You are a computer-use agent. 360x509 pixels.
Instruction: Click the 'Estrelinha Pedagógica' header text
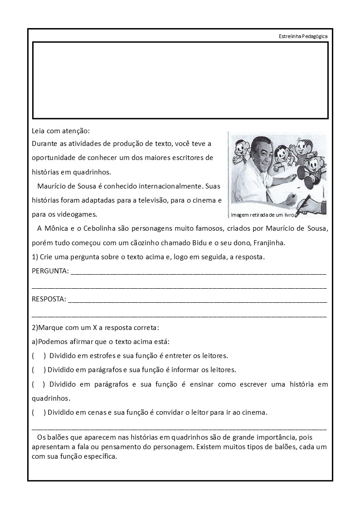pos(303,36)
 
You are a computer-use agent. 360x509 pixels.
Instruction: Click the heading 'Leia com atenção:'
pos(61,131)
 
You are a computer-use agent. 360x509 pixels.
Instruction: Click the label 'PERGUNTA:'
pos(50,271)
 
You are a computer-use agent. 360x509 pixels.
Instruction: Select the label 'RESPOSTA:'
pos(49,299)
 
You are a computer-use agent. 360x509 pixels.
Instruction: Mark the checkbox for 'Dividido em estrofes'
pos(39,355)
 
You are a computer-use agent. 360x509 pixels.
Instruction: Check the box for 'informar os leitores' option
pos(39,369)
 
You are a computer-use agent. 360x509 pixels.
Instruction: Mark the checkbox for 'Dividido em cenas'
pos(39,412)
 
